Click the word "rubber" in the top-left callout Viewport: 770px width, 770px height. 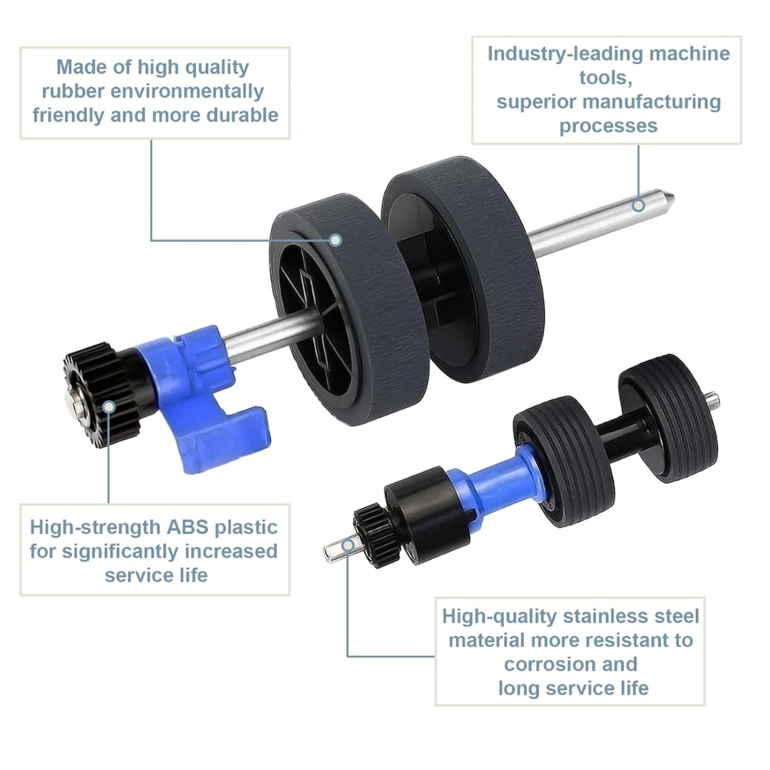pyautogui.click(x=73, y=91)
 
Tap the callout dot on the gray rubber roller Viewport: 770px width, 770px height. pyautogui.click(x=335, y=240)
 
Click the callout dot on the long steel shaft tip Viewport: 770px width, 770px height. pyautogui.click(x=638, y=205)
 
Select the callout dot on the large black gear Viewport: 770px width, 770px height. pyautogui.click(x=109, y=406)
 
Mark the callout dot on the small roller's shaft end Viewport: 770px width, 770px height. pyautogui.click(x=348, y=545)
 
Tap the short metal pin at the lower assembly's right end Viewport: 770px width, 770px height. pyautogui.click(x=712, y=400)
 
